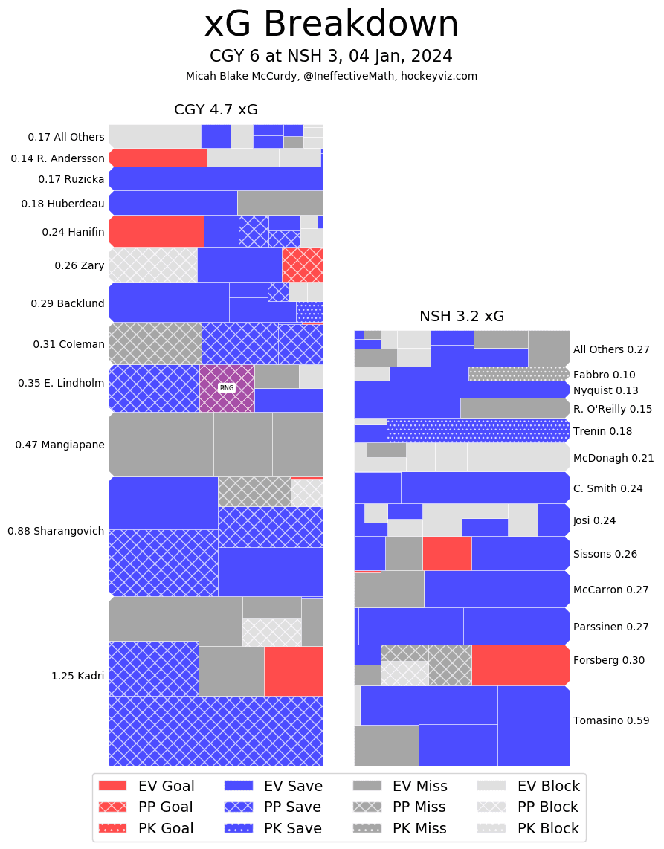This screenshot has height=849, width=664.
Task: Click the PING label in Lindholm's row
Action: [x=227, y=387]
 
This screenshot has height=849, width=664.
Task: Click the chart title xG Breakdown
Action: [x=332, y=25]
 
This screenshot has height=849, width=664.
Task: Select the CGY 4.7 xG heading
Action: [x=216, y=109]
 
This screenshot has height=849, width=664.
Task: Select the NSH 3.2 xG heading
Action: [x=462, y=316]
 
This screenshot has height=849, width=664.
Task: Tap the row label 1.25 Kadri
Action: [x=77, y=676]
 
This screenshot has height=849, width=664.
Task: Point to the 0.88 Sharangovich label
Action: [x=56, y=531]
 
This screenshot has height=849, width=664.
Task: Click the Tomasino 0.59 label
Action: [x=611, y=720]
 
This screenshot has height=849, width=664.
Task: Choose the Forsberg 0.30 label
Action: [x=609, y=659]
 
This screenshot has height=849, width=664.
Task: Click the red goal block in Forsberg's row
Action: [x=520, y=665]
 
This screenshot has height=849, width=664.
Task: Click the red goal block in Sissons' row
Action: [x=447, y=553]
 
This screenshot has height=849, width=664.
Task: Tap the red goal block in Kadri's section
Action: [x=294, y=671]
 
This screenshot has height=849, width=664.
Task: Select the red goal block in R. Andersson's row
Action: [x=158, y=158]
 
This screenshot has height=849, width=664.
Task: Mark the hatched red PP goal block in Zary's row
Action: [x=303, y=265]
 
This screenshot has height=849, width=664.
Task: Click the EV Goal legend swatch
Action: [x=112, y=786]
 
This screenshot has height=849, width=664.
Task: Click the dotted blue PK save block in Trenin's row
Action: [x=477, y=430]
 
